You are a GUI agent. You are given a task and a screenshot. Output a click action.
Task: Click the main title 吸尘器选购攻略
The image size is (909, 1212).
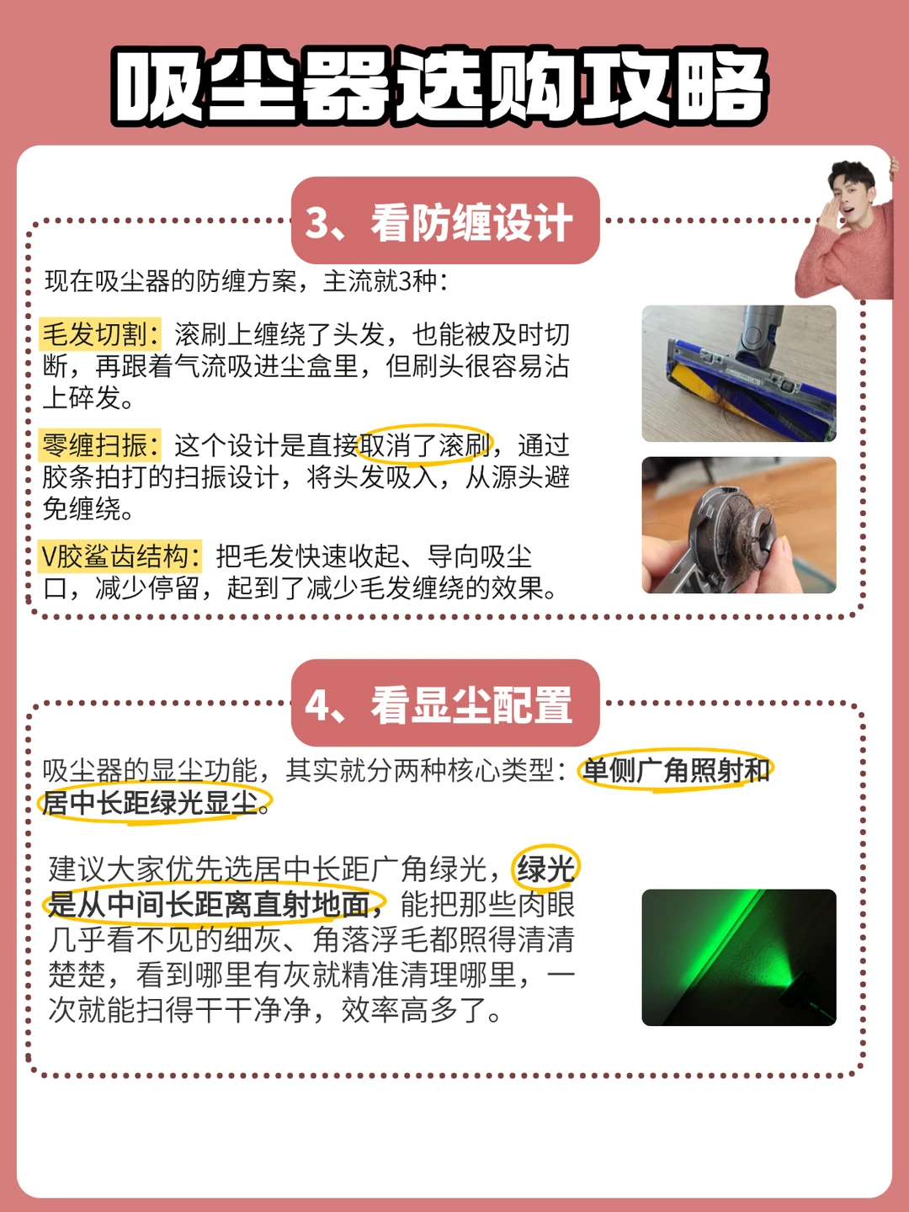tap(439, 87)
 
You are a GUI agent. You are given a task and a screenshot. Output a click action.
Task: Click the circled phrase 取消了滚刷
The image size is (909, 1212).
tap(424, 445)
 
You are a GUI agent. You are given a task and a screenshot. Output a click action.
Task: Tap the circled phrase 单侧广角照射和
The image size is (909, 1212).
tap(676, 770)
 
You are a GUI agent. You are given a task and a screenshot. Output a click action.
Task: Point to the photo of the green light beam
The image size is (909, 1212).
tap(739, 958)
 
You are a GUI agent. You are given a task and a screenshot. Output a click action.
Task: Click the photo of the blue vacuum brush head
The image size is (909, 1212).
tap(739, 373)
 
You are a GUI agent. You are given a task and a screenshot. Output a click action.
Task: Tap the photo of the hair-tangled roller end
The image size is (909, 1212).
tap(739, 524)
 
